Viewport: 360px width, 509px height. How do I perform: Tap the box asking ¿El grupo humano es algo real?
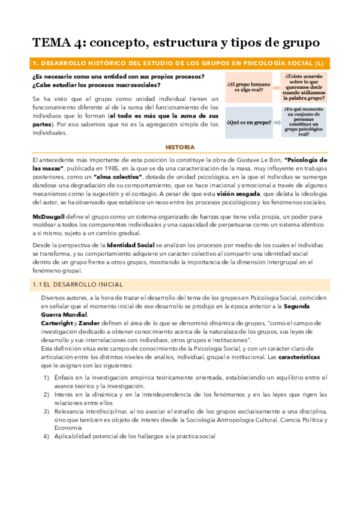click(247, 87)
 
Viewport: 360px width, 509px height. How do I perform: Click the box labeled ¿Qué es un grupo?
click(248, 122)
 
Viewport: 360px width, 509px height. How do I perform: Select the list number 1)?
click(47, 376)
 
